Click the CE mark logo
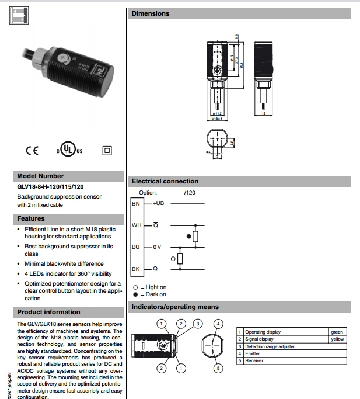(x=32, y=150)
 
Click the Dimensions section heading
(x=151, y=13)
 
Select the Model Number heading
(x=40, y=176)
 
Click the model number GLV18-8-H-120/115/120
(x=50, y=187)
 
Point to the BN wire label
(x=136, y=204)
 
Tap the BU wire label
(x=136, y=247)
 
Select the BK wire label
(x=136, y=269)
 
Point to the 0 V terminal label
(x=157, y=247)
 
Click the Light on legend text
(x=153, y=287)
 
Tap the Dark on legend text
(x=153, y=294)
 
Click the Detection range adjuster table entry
(x=270, y=346)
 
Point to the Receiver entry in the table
(x=254, y=361)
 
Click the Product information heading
(x=49, y=312)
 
